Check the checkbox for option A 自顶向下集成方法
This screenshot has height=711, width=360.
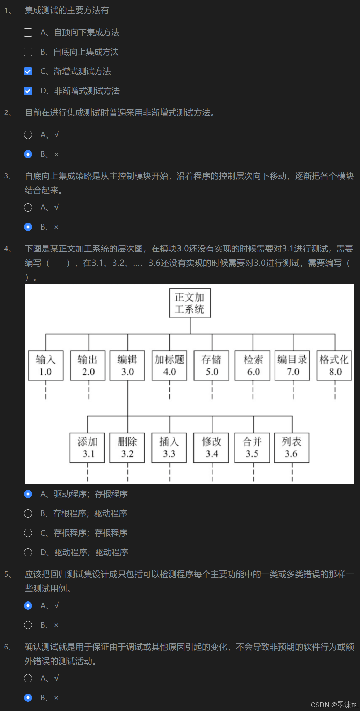[28, 32]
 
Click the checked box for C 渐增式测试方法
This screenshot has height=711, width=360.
[28, 71]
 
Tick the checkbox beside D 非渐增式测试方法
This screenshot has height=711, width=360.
[28, 91]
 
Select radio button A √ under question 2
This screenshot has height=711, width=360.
[28, 135]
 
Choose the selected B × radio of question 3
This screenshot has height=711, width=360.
[28, 227]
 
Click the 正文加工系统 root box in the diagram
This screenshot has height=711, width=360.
[190, 303]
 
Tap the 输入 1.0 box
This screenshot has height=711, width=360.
[46, 365]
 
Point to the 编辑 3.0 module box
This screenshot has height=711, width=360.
[127, 365]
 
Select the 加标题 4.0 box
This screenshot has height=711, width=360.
[169, 365]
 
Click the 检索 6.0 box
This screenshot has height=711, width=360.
[253, 365]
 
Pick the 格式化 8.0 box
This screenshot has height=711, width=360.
[334, 365]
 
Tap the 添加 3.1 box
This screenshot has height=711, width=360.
[87, 448]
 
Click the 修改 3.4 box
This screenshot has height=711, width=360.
[211, 448]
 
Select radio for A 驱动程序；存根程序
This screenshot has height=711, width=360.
[28, 494]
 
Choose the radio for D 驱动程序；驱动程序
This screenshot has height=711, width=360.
[28, 552]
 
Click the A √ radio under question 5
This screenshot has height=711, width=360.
[28, 606]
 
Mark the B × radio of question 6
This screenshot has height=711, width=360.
[28, 698]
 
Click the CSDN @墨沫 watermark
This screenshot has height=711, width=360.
[334, 705]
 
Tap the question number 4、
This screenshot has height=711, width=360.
[8, 249]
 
